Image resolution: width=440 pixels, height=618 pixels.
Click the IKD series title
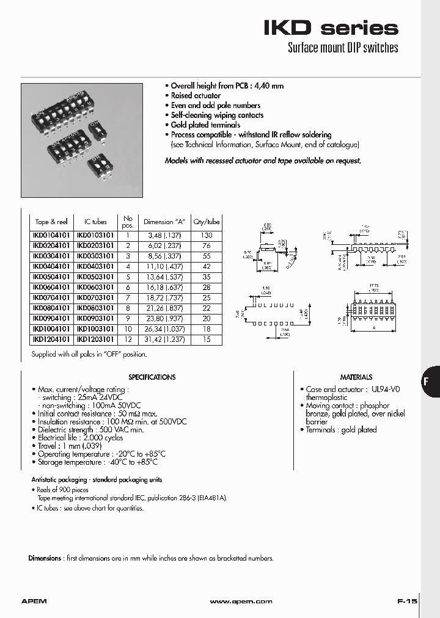pyautogui.click(x=331, y=27)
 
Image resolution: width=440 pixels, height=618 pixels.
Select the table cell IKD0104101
pyautogui.click(x=51, y=235)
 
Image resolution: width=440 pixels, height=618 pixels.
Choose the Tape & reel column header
pyautogui.click(x=51, y=222)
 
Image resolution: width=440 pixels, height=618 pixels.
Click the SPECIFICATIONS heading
pyautogui.click(x=152, y=377)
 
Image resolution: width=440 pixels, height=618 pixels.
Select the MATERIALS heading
pyautogui.click(x=356, y=377)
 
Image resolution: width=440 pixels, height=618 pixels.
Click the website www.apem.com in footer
pyautogui.click(x=240, y=602)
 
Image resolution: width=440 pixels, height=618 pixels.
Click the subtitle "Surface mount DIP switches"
pyautogui.click(x=342, y=48)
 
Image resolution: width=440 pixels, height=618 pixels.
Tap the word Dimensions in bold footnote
pyautogui.click(x=45, y=558)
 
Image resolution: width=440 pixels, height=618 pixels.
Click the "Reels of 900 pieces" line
pyautogui.click(x=62, y=490)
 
